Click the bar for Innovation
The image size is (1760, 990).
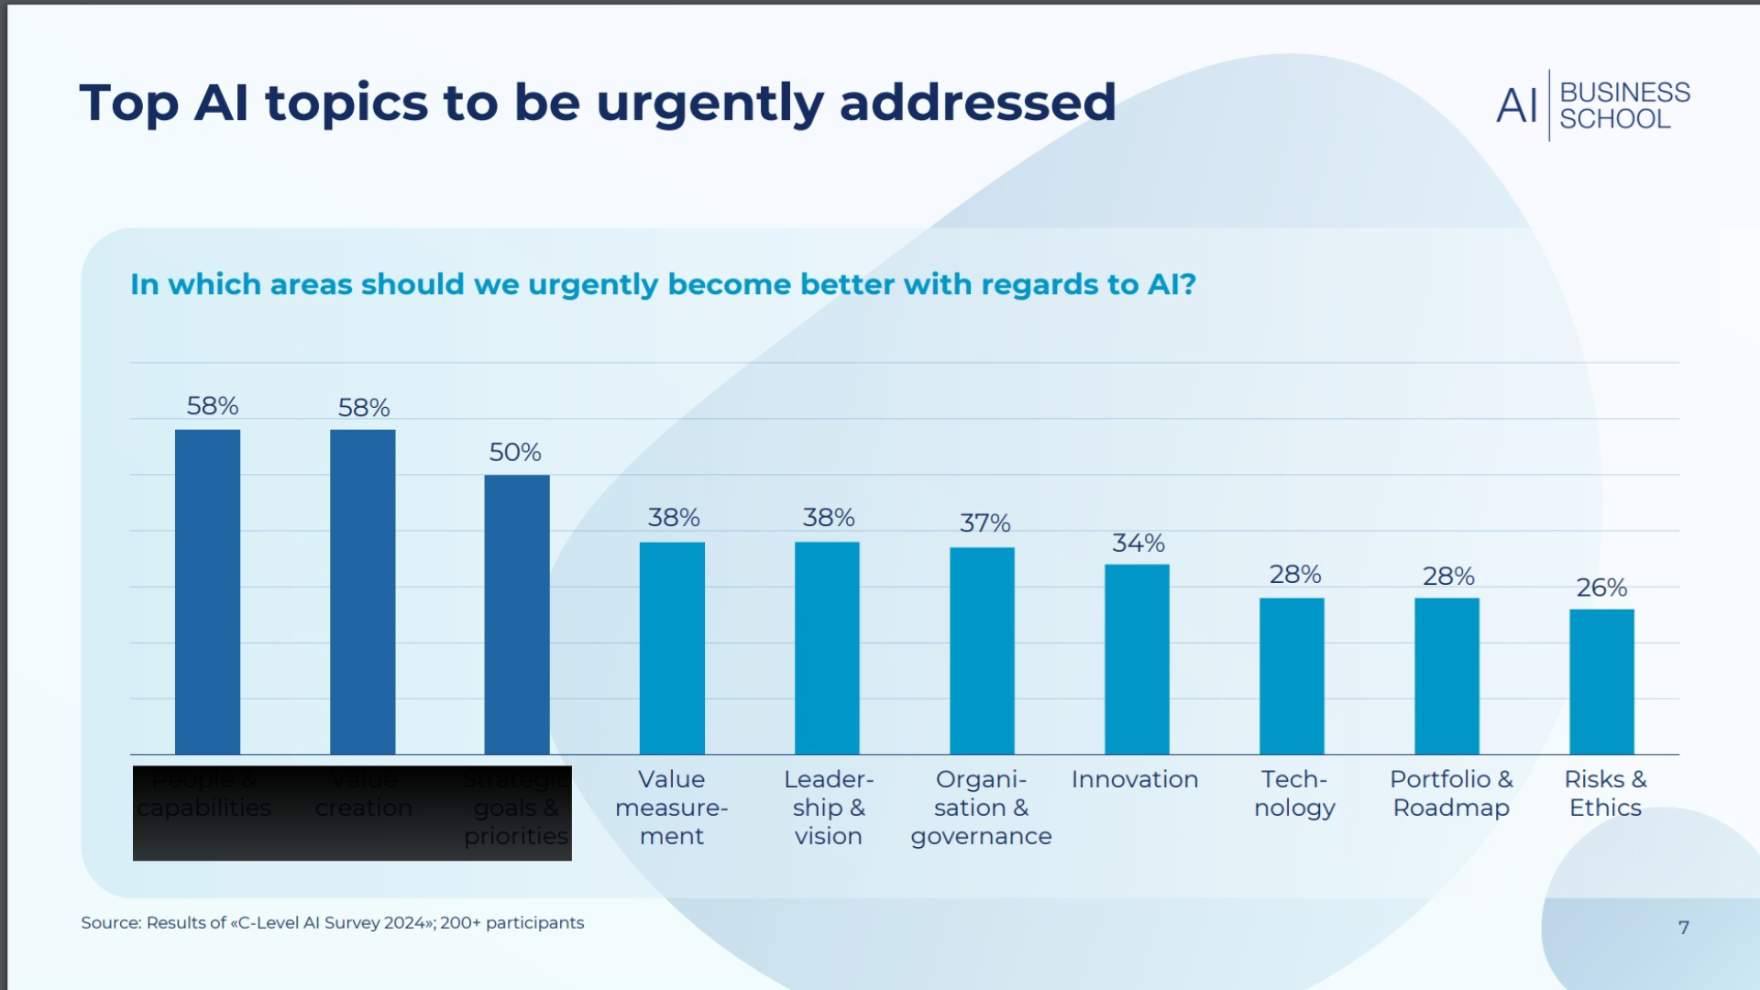pyautogui.click(x=1137, y=659)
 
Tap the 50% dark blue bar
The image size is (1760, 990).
pyautogui.click(x=517, y=614)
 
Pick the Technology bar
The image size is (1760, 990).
pyautogui.click(x=1292, y=676)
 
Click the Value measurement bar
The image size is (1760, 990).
pyautogui.click(x=672, y=648)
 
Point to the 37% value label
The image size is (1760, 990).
pyautogui.click(x=984, y=523)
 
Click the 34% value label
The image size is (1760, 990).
pyautogui.click(x=1138, y=544)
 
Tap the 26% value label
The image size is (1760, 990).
pyautogui.click(x=1601, y=588)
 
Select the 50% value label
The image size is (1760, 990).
pyautogui.click(x=514, y=452)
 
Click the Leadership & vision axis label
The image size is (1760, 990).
pyautogui.click(x=829, y=808)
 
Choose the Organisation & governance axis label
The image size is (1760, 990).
pyautogui.click(x=981, y=808)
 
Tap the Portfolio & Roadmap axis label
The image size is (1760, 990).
pyautogui.click(x=1451, y=793)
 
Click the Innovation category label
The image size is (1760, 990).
pyautogui.click(x=1135, y=779)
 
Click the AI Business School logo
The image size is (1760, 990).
pyautogui.click(x=1593, y=105)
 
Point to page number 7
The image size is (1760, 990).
pyautogui.click(x=1683, y=928)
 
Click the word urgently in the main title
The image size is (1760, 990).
pyautogui.click(x=709, y=104)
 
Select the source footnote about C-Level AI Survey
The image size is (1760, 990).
pyautogui.click(x=332, y=923)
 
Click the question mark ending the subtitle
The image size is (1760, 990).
pyautogui.click(x=1188, y=284)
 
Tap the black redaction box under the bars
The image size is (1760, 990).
pyautogui.click(x=352, y=813)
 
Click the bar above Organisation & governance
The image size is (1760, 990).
pyautogui.click(x=982, y=651)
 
